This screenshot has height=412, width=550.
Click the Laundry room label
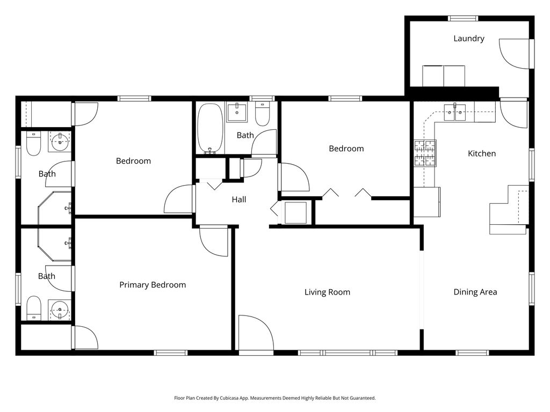[x=468, y=39]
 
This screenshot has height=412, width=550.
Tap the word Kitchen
[x=482, y=154]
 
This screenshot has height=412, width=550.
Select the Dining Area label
[x=475, y=292]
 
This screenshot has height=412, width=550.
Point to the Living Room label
[x=327, y=292]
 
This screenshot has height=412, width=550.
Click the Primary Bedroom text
[x=153, y=285]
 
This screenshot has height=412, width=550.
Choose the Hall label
[x=239, y=200]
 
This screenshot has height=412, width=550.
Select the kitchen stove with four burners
[x=424, y=152]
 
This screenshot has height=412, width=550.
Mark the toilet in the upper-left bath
[x=33, y=144]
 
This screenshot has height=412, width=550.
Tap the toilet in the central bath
[x=262, y=116]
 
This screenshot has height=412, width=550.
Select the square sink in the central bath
[x=236, y=113]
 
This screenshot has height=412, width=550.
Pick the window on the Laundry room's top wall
[x=463, y=18]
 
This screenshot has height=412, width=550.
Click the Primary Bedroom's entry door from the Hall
[x=215, y=241]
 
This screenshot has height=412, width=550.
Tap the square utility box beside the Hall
[x=295, y=212]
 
